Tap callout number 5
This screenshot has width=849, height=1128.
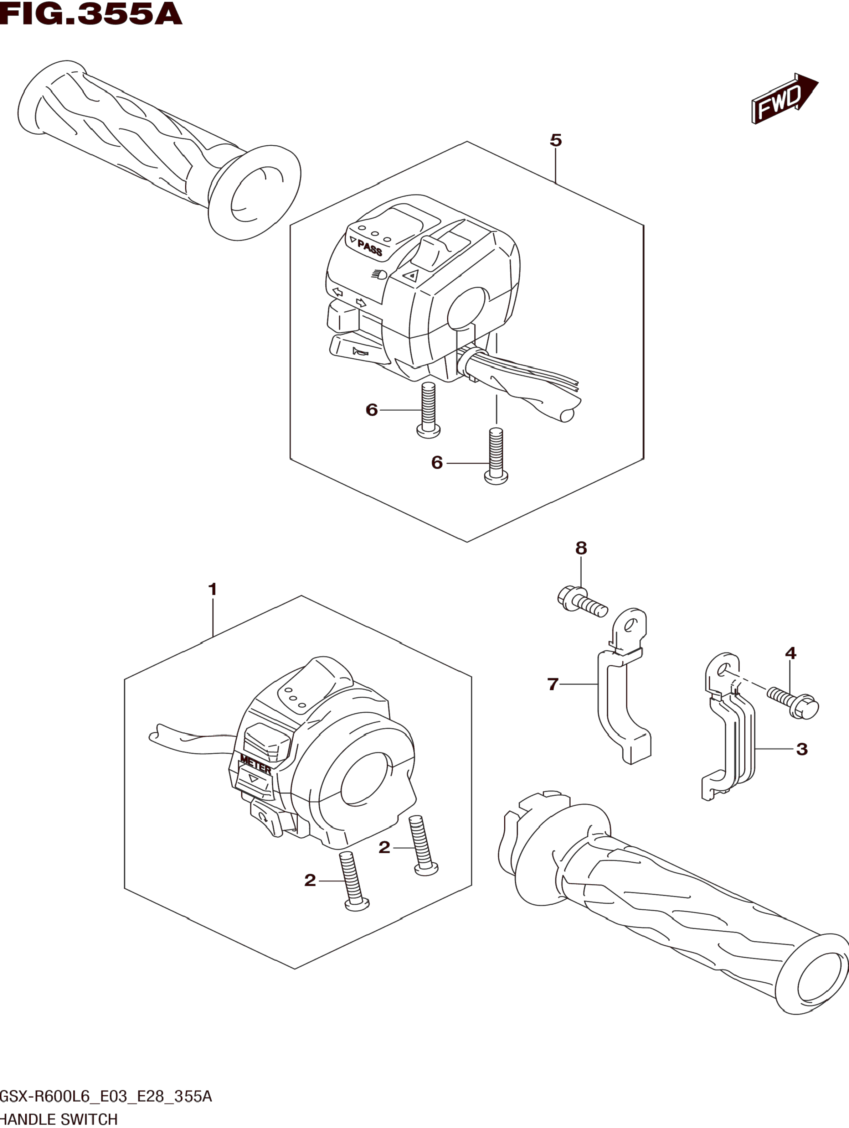tap(556, 140)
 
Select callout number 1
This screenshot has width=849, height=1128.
tap(213, 589)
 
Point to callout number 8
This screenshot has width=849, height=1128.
tap(581, 548)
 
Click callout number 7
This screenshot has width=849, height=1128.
tap(553, 684)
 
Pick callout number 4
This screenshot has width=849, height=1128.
tap(790, 653)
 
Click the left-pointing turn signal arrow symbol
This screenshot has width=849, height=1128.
tap(337, 292)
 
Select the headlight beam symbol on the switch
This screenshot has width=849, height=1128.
tap(380, 274)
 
